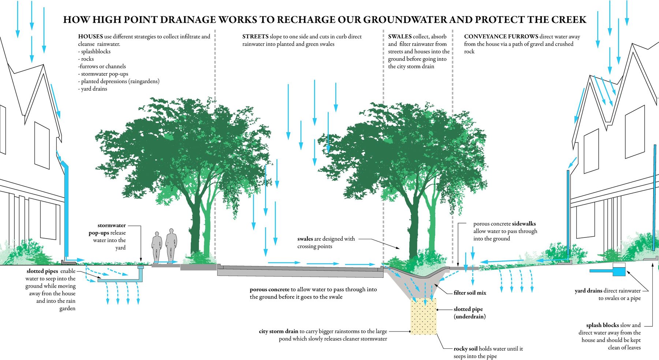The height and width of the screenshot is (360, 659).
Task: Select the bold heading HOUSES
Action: (90, 37)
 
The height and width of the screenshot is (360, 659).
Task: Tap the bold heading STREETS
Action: (255, 37)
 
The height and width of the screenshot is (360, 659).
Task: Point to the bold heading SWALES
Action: (400, 37)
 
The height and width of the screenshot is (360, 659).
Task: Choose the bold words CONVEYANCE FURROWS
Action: (501, 37)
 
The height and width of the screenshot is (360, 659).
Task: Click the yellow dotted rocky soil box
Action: (424, 316)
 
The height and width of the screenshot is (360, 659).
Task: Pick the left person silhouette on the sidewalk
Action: (157, 247)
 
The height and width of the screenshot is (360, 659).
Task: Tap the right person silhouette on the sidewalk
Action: (171, 246)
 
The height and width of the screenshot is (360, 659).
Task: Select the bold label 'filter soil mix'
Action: (470, 293)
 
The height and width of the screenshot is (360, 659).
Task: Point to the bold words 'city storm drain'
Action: (279, 331)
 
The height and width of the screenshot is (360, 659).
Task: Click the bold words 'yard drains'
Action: (588, 291)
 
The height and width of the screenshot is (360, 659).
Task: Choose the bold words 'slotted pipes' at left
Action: (42, 271)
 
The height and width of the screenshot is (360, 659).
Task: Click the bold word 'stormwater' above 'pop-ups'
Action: (112, 225)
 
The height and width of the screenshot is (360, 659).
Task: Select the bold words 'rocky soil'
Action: (466, 349)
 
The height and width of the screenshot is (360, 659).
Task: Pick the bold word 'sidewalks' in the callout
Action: (524, 224)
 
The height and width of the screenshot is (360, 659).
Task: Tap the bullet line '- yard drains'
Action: (93, 89)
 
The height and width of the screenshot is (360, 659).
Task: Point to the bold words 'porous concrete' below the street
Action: (269, 289)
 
